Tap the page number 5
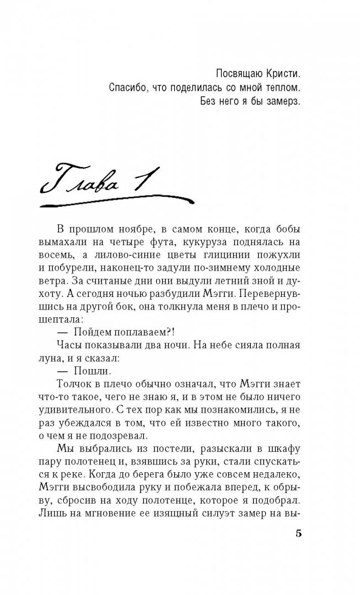(299, 533)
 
